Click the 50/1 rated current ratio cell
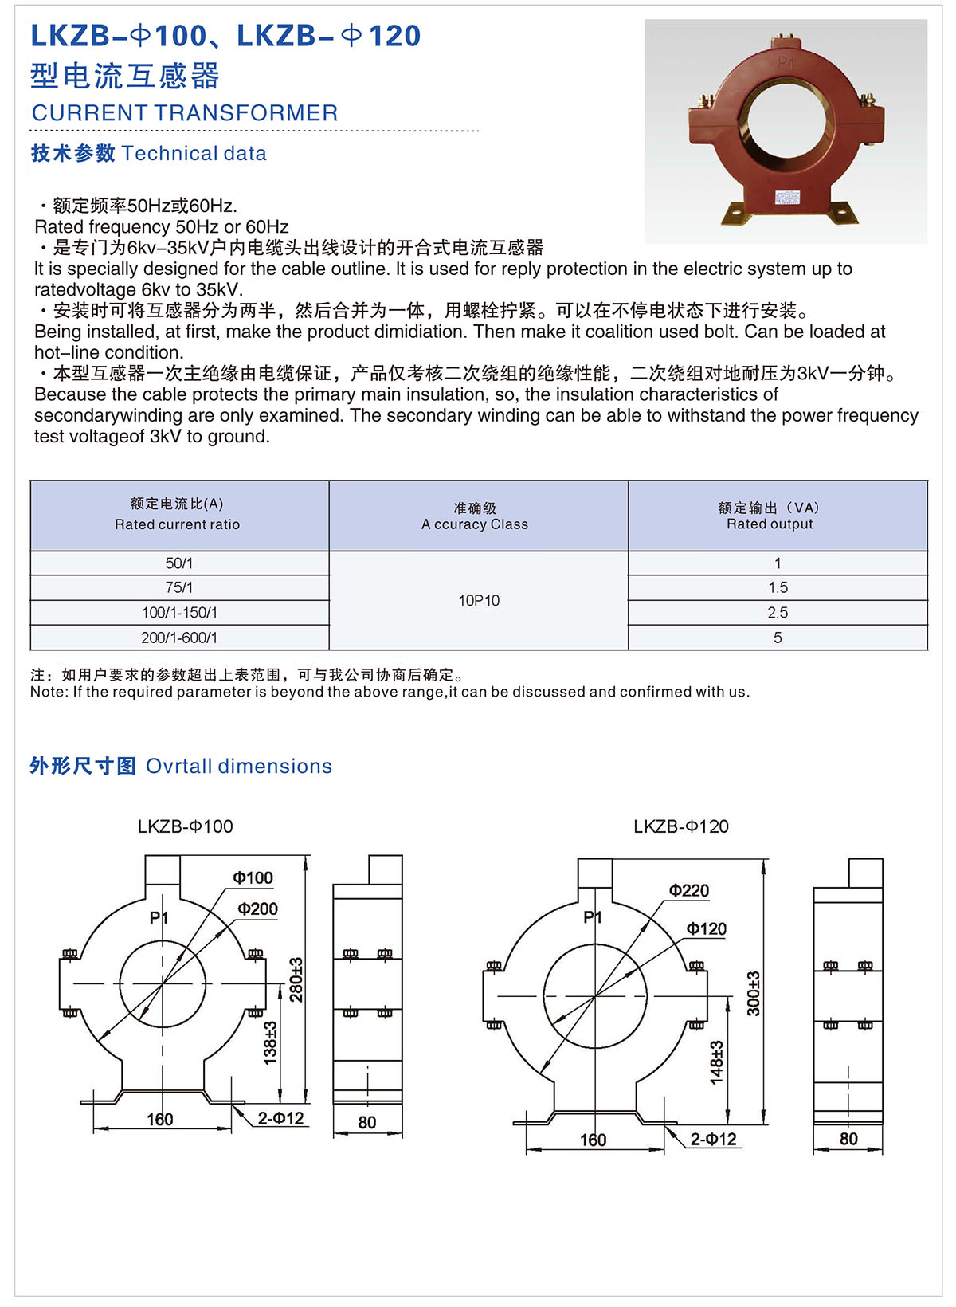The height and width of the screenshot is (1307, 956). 178,563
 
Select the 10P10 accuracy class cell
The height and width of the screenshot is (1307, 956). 478,601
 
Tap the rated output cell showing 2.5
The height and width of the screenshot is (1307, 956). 778,613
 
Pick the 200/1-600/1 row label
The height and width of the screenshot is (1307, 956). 178,638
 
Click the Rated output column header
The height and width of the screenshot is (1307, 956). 770,516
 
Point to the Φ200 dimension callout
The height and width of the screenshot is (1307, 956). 257,909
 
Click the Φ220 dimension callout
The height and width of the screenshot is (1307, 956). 689,891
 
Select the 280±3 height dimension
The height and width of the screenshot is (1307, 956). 296,979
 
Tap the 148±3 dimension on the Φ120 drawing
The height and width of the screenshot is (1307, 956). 716,1062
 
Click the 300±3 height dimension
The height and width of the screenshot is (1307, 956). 754,993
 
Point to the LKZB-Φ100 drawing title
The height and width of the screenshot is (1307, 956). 185,826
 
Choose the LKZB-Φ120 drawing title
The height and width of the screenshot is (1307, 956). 681,826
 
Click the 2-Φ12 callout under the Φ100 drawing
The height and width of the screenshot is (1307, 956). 280,1118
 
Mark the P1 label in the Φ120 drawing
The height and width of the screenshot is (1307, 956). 593,917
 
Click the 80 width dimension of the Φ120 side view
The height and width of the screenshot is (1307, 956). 848,1140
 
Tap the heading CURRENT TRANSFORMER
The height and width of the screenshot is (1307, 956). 185,113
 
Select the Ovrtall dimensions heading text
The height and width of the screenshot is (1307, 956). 239,766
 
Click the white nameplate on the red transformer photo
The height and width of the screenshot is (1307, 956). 789,197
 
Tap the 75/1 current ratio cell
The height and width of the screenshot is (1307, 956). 178,588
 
